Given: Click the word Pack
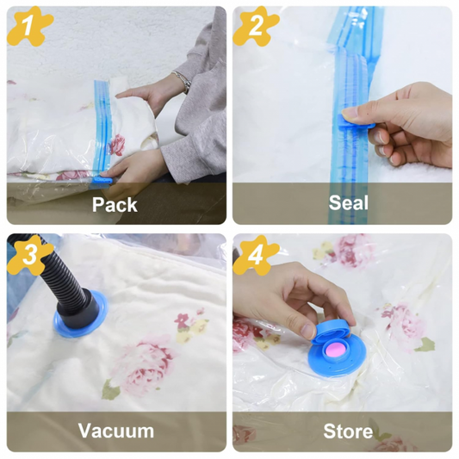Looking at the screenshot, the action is pos(115,204).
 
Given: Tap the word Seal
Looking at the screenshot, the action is pos(349,202).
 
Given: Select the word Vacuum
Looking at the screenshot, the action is pos(116,431).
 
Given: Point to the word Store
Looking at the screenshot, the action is pos(348,431).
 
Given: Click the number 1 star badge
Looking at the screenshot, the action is pos(29,27).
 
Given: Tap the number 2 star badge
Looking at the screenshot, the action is pos(256,27).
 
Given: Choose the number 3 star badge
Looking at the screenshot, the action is pos(29,255).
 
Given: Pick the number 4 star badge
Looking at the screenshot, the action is pos(256,255).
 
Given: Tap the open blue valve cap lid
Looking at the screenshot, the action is pos(331,332).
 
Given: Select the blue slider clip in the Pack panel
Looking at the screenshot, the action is pos(102,180).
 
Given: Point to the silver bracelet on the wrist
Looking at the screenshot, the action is pos(183,81).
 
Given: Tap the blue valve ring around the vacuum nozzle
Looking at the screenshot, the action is pos(80,314).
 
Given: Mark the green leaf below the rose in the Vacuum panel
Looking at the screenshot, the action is pos(110,390).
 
